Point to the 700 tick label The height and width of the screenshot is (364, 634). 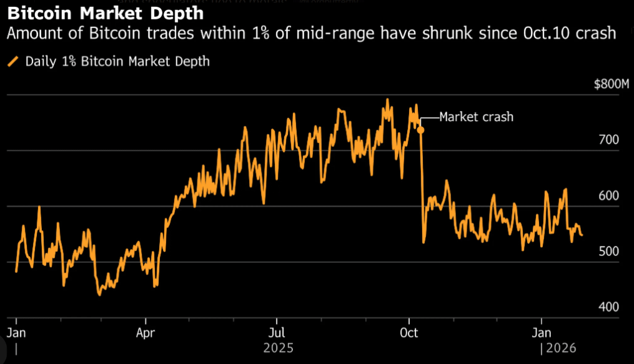(x=608, y=139)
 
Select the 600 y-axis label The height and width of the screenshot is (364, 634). (x=608, y=195)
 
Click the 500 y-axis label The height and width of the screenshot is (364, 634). (x=608, y=251)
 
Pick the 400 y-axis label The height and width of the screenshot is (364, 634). (x=608, y=307)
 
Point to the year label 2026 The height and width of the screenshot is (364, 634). (x=561, y=347)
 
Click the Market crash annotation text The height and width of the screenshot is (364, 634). (x=476, y=117)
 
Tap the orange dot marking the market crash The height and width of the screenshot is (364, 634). (x=421, y=130)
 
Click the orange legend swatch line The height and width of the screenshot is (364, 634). (x=12, y=61)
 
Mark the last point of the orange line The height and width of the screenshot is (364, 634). (x=582, y=235)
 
